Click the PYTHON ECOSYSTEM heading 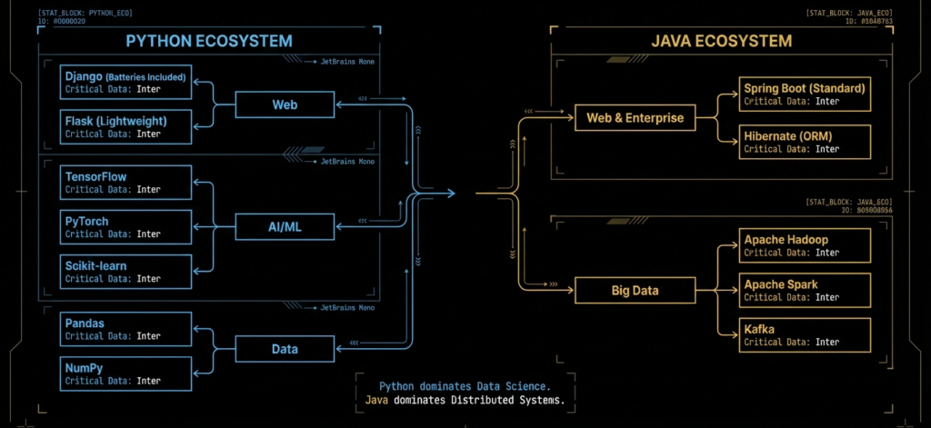[209, 42]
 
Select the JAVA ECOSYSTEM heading [723, 42]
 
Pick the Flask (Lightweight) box [126, 127]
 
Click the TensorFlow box [126, 183]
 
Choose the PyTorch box [126, 227]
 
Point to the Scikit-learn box [126, 272]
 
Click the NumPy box [126, 373]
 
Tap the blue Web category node [285, 105]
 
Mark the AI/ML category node [285, 227]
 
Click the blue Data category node [285, 348]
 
